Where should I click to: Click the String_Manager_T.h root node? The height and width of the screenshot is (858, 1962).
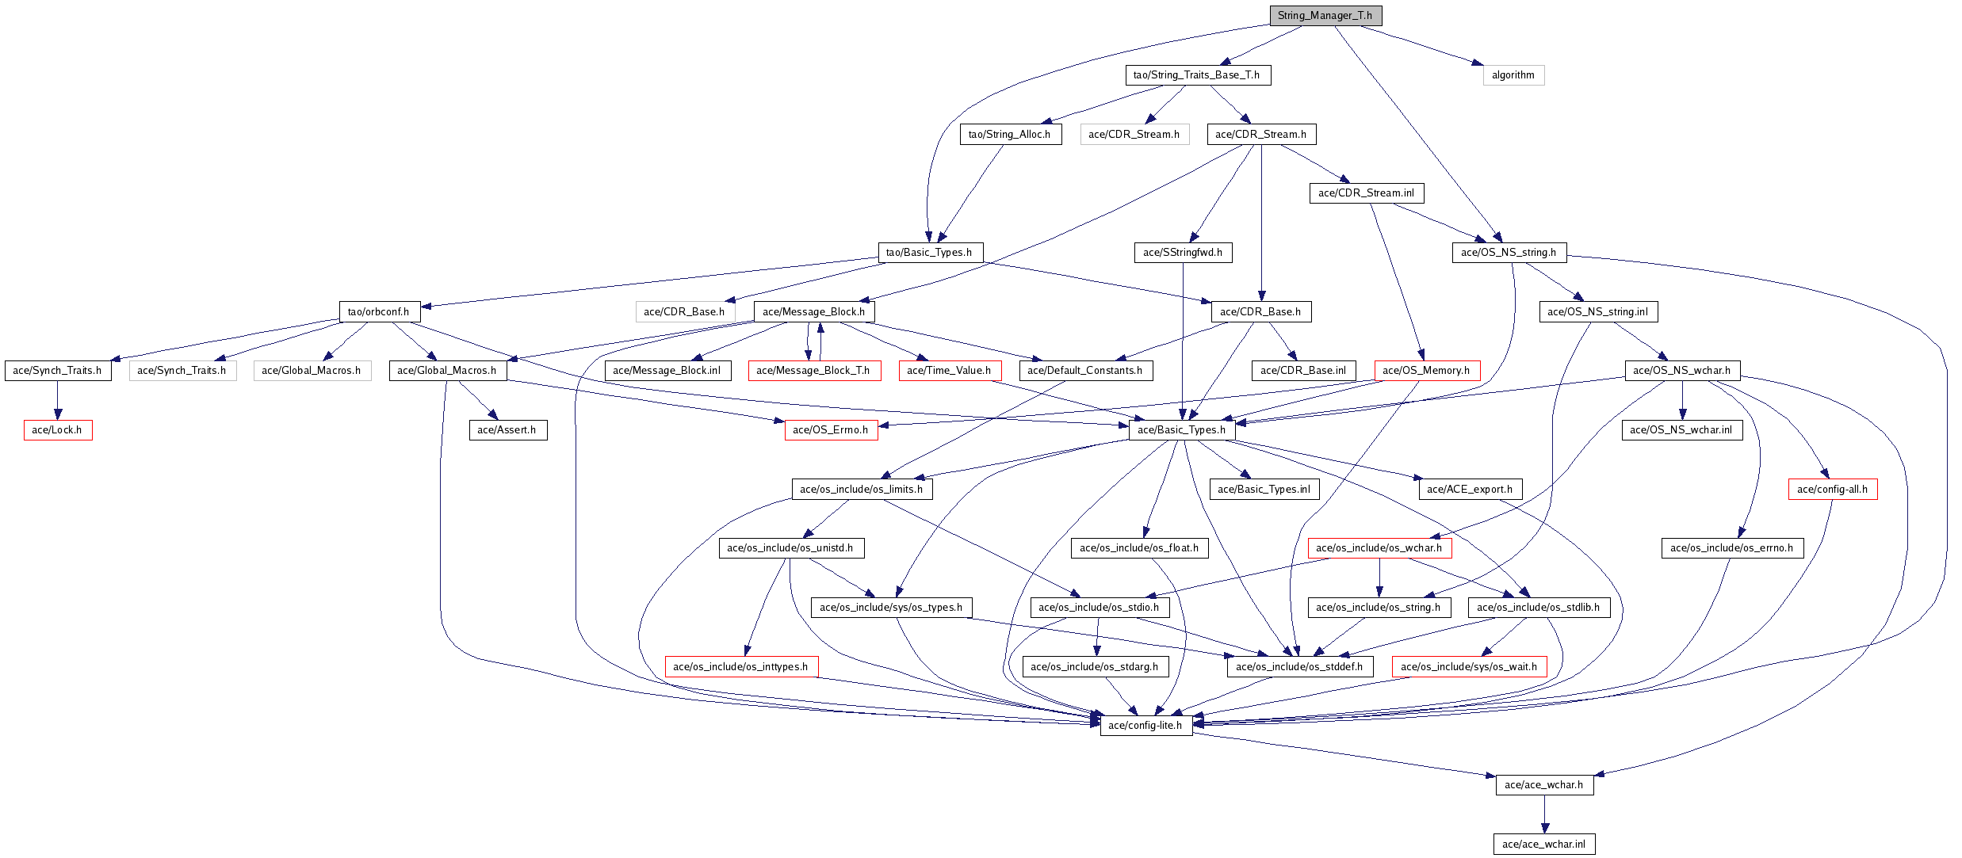point(1325,16)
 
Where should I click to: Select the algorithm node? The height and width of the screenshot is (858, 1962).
point(1513,75)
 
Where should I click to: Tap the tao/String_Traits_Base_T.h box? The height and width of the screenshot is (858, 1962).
point(1196,75)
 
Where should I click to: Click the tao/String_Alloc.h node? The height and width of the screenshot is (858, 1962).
point(1009,135)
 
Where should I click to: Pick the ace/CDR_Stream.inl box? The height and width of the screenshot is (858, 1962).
point(1366,193)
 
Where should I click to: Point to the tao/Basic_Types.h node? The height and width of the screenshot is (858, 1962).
point(929,253)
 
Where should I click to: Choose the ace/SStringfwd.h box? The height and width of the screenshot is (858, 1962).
point(1182,253)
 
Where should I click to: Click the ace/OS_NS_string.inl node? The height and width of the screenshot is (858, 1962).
point(1597,312)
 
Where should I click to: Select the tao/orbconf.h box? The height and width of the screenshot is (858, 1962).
point(378,312)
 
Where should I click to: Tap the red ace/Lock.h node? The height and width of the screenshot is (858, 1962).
point(57,430)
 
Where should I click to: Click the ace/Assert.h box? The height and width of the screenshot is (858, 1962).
point(507,430)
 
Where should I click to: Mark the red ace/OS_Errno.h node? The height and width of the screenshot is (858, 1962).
point(830,430)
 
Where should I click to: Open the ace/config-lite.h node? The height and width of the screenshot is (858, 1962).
point(1145,726)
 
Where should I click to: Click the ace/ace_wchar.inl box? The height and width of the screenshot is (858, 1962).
point(1543,845)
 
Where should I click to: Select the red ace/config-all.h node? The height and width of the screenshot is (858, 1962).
point(1832,490)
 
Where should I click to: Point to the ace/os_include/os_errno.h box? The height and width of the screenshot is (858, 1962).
point(1731,548)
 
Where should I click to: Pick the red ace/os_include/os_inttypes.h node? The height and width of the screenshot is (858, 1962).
point(740,667)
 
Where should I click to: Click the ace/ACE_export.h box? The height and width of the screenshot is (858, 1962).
point(1469,490)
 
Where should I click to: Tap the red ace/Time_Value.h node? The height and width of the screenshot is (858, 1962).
point(949,371)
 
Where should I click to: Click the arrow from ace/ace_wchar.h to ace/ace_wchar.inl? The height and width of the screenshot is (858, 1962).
point(1544,814)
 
